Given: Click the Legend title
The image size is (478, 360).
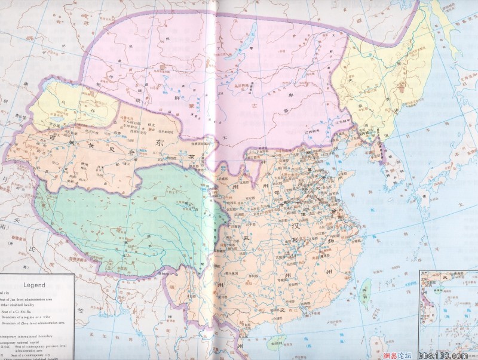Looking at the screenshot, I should coord(34,285).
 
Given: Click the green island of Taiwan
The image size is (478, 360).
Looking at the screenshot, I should coord(367,291).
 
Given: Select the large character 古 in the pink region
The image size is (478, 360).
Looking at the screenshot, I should coord(258,107).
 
